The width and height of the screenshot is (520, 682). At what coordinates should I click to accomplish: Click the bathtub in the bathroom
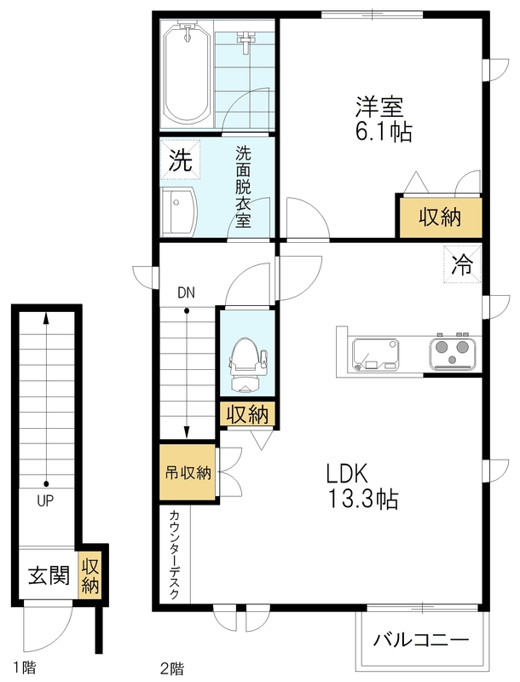tap(188, 73)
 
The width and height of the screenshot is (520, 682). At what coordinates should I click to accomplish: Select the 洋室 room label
tap(379, 107)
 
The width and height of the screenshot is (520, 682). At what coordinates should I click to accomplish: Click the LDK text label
tap(348, 474)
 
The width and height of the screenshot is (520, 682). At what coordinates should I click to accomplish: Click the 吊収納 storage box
tap(188, 473)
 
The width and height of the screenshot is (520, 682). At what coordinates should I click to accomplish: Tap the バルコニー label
tap(421, 640)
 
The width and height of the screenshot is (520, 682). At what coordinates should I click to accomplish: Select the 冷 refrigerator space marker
tap(462, 264)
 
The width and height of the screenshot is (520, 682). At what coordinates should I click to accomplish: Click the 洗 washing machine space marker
tap(180, 159)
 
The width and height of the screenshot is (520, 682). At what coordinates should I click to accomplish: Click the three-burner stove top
tap(453, 353)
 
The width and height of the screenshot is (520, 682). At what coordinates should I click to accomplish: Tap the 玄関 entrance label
tap(49, 575)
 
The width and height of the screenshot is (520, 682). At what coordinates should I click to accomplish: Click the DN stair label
tap(186, 292)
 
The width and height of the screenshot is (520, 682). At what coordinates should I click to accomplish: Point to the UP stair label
tap(45, 501)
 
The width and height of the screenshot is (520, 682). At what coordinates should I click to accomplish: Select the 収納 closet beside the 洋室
tap(441, 217)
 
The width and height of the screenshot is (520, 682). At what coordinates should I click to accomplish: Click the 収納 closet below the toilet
tap(247, 413)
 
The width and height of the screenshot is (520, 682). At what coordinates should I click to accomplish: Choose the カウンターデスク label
tap(174, 555)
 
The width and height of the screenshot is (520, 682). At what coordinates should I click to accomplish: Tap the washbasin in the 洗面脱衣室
tap(179, 212)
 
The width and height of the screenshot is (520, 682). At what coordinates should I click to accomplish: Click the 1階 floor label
tap(25, 667)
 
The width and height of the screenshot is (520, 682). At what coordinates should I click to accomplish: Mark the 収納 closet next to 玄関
tap(91, 575)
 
